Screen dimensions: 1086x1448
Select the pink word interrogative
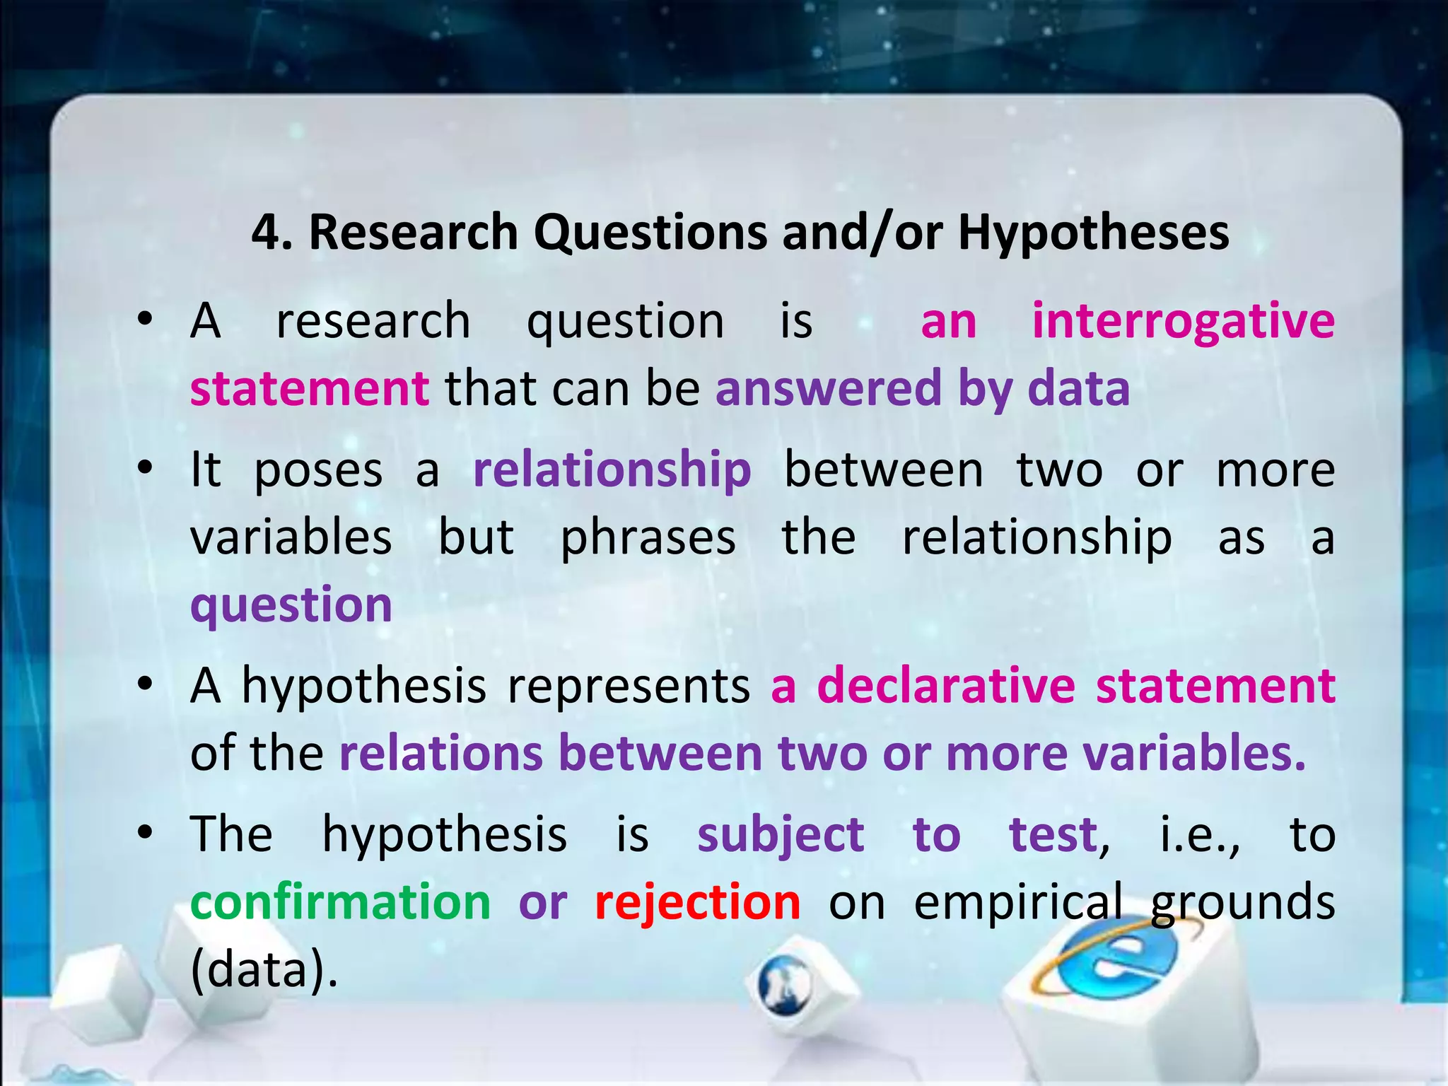point(1183,322)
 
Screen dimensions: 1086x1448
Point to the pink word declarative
point(946,686)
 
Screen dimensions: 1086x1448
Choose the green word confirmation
point(340,902)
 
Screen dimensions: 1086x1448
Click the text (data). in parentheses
point(264,970)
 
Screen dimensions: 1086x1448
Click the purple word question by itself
point(291,606)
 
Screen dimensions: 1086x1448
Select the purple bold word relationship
point(612,470)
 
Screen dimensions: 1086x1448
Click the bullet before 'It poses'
point(146,469)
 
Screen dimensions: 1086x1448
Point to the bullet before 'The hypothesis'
point(146,833)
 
